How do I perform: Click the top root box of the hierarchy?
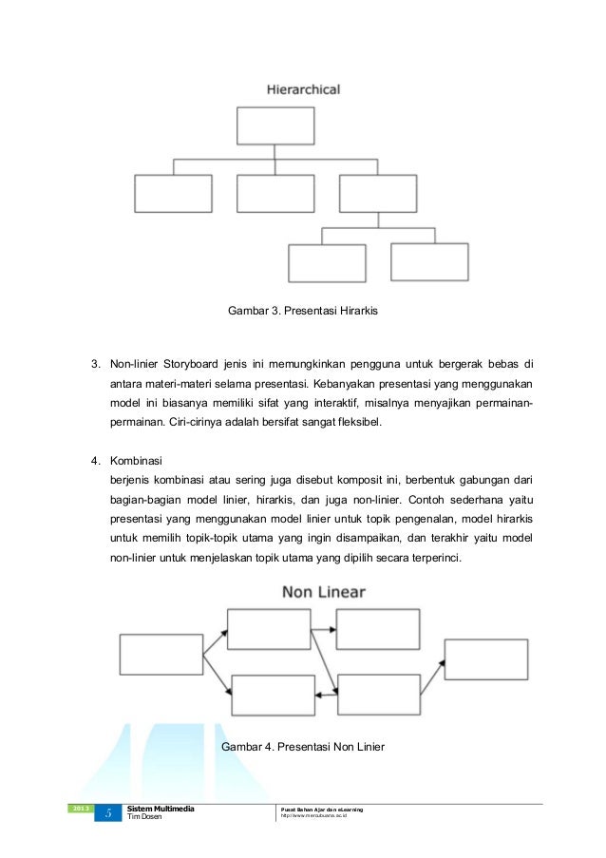[275, 125]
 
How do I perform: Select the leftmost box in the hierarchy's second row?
[173, 193]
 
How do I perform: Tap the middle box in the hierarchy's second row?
[275, 193]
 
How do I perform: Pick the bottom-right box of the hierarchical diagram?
[429, 261]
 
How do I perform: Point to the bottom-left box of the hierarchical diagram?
[327, 263]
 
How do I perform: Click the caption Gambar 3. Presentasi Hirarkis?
[302, 311]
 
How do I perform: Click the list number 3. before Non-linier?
[95, 363]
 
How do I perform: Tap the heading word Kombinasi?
[138, 461]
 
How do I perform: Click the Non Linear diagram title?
[324, 592]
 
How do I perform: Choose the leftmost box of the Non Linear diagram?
[161, 655]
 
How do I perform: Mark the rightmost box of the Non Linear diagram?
[485, 659]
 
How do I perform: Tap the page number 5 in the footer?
[108, 813]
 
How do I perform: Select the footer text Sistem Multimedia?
[161, 809]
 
